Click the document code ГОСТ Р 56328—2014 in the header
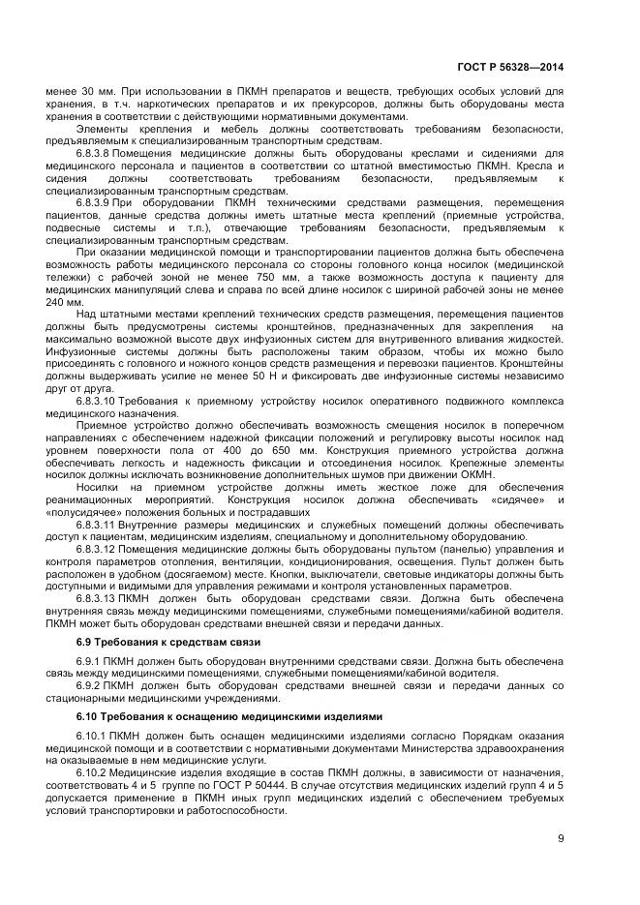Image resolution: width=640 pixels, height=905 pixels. pos(509,67)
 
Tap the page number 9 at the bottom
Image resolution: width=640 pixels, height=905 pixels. pos(562,839)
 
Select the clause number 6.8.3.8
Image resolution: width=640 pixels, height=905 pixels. pos(95,152)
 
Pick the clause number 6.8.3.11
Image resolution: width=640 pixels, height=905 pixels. pos(98,523)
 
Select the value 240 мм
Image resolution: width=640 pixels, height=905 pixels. pos(61,301)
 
